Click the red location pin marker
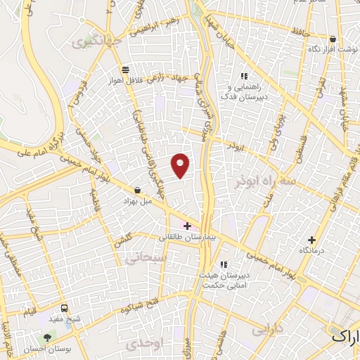point(181,165)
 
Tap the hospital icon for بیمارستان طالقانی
point(186,226)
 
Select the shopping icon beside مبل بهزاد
point(137,190)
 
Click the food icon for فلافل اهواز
point(125,69)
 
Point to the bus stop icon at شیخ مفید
point(65,307)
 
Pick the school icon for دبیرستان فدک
point(244,76)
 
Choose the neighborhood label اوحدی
point(143,344)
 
